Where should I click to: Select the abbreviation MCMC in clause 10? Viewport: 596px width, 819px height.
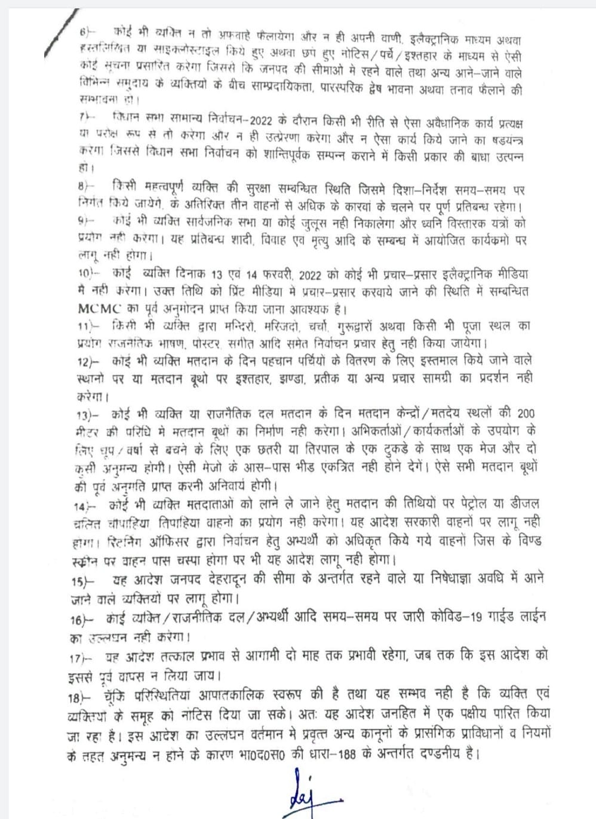[x=99, y=309]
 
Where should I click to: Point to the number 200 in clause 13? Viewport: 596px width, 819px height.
[x=526, y=413]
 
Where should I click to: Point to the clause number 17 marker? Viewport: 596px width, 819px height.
[x=81, y=657]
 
